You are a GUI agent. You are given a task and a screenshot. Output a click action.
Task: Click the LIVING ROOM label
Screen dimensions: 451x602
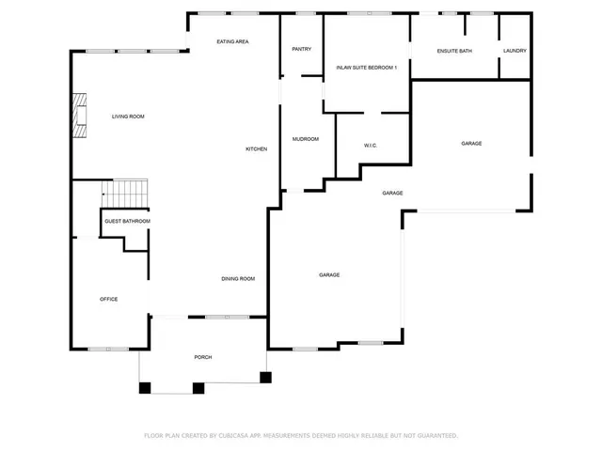(x=128, y=117)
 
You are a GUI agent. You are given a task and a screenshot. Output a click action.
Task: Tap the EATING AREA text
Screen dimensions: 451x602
(x=232, y=42)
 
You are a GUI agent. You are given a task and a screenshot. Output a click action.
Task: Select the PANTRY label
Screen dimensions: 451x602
(x=301, y=49)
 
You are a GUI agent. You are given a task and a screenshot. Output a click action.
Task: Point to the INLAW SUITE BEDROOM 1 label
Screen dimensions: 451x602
(x=367, y=68)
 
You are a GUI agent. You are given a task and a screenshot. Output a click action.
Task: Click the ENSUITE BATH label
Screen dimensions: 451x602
(x=454, y=51)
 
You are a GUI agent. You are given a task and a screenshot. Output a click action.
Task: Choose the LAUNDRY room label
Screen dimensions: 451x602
(x=515, y=51)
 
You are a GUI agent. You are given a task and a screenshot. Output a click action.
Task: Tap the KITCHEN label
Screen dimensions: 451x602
(x=257, y=149)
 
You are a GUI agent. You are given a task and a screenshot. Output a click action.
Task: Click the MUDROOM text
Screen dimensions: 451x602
(x=305, y=139)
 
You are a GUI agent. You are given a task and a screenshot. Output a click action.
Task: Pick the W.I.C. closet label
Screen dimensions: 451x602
(x=371, y=146)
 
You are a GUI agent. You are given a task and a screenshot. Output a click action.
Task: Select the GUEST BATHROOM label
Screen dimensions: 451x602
(x=127, y=221)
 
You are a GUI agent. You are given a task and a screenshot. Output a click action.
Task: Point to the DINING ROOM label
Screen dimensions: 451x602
(x=238, y=279)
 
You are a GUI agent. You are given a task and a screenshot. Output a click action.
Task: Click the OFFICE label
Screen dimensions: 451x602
(x=109, y=299)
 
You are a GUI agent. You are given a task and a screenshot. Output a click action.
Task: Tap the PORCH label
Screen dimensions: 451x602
(x=203, y=358)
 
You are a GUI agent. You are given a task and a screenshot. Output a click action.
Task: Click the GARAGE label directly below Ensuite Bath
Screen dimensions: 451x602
(x=471, y=144)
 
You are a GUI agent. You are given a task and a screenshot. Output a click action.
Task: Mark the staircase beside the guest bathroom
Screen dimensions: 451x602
(x=125, y=194)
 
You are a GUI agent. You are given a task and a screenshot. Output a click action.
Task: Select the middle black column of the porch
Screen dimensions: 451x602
(x=198, y=386)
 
